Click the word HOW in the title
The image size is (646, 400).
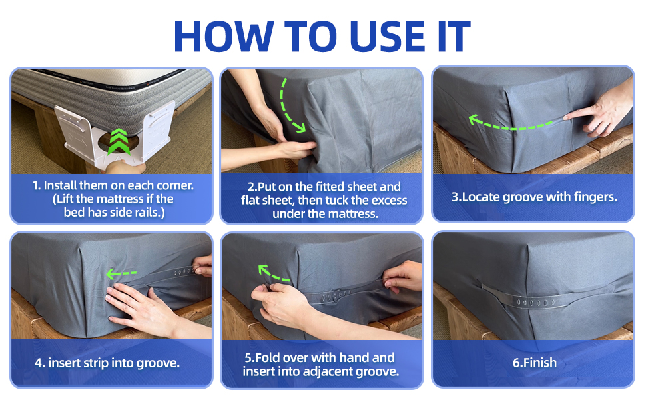pyautogui.click(x=224, y=36)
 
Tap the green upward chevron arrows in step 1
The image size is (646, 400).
pyautogui.click(x=119, y=141)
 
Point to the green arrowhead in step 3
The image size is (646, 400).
pyautogui.click(x=476, y=119)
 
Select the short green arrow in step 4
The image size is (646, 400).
pyautogui.click(x=121, y=273)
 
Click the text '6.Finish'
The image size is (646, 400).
pyautogui.click(x=534, y=363)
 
